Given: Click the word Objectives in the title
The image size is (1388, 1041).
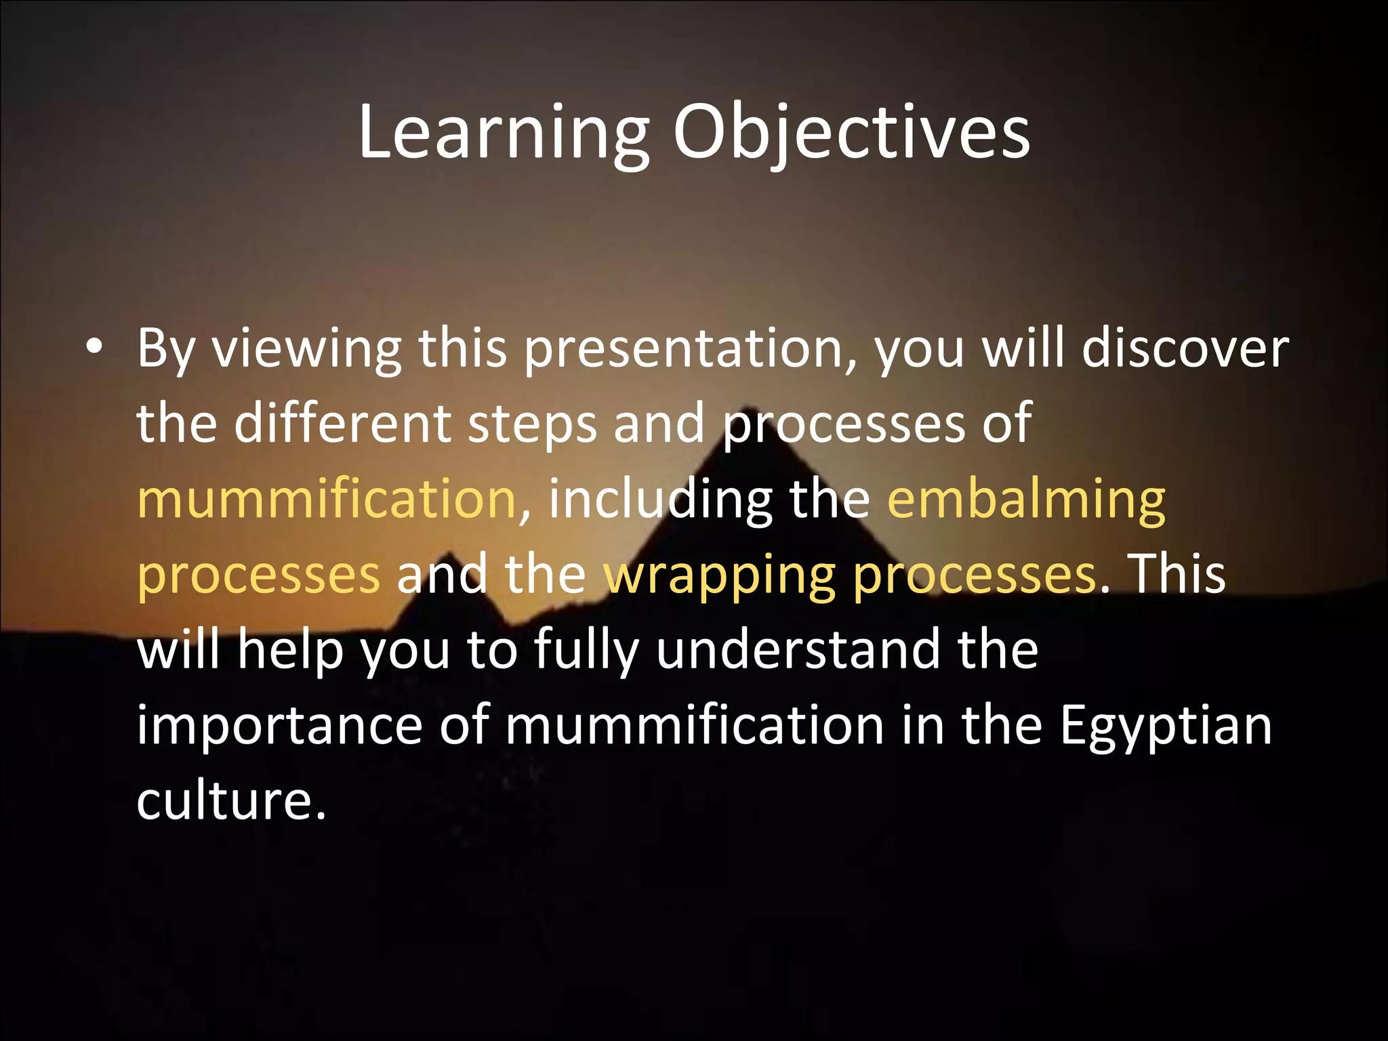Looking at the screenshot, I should point(851,134).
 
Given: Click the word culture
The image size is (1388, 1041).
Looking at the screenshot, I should point(230,800).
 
